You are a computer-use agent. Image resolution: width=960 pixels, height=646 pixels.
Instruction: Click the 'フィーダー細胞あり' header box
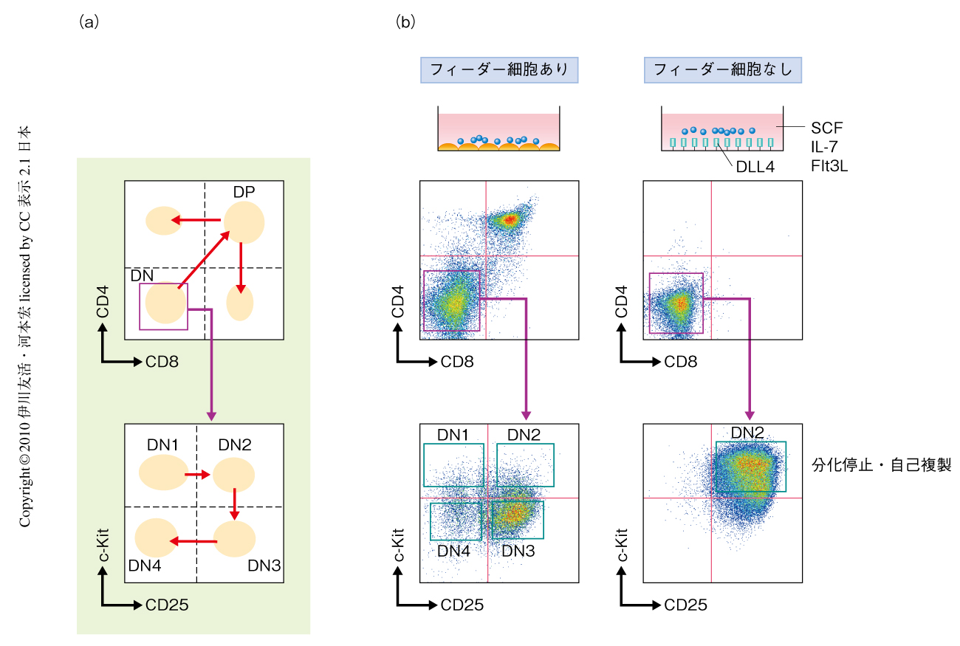[498, 70]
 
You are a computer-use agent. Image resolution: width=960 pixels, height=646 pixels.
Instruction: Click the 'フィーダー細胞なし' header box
[723, 70]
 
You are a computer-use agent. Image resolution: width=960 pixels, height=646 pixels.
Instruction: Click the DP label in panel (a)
[244, 191]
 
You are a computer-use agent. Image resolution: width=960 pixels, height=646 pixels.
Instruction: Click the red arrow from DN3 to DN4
[193, 541]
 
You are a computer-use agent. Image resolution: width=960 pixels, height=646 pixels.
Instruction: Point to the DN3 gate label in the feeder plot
[518, 550]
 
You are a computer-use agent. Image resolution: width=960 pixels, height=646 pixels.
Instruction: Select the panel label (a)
[88, 22]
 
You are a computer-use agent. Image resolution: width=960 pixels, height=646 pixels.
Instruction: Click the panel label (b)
[405, 22]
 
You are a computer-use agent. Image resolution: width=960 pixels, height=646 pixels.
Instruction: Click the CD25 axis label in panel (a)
[167, 605]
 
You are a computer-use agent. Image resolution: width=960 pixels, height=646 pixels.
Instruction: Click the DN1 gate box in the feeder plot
[453, 464]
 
